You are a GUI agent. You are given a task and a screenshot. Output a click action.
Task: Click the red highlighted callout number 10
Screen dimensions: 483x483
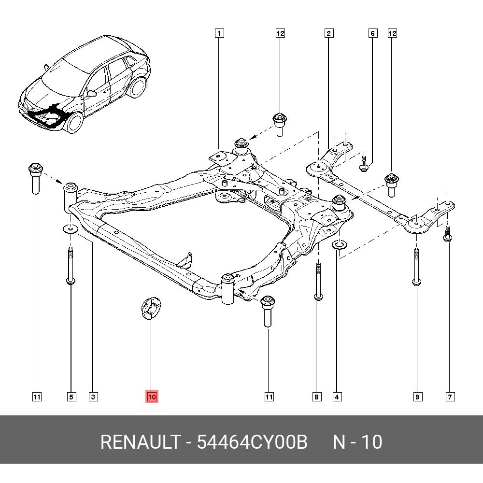(152, 397)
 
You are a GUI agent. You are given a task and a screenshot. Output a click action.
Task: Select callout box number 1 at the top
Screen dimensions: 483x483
(219, 33)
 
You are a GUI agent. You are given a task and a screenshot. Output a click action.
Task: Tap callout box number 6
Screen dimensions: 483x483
(372, 33)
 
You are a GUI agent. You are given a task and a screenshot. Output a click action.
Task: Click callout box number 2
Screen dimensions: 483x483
(328, 33)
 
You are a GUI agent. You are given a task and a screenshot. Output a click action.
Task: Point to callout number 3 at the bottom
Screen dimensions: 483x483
(93, 397)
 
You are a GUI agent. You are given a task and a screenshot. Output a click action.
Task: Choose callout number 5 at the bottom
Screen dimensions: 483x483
(71, 397)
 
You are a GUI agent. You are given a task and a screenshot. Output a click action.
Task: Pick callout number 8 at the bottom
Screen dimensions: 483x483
(316, 397)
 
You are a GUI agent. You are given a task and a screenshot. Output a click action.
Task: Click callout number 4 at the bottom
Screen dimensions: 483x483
(337, 397)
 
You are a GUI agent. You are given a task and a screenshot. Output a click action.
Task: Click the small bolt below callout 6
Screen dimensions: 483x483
(364, 163)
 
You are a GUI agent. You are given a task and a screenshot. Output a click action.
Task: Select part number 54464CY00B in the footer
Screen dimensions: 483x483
(252, 442)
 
